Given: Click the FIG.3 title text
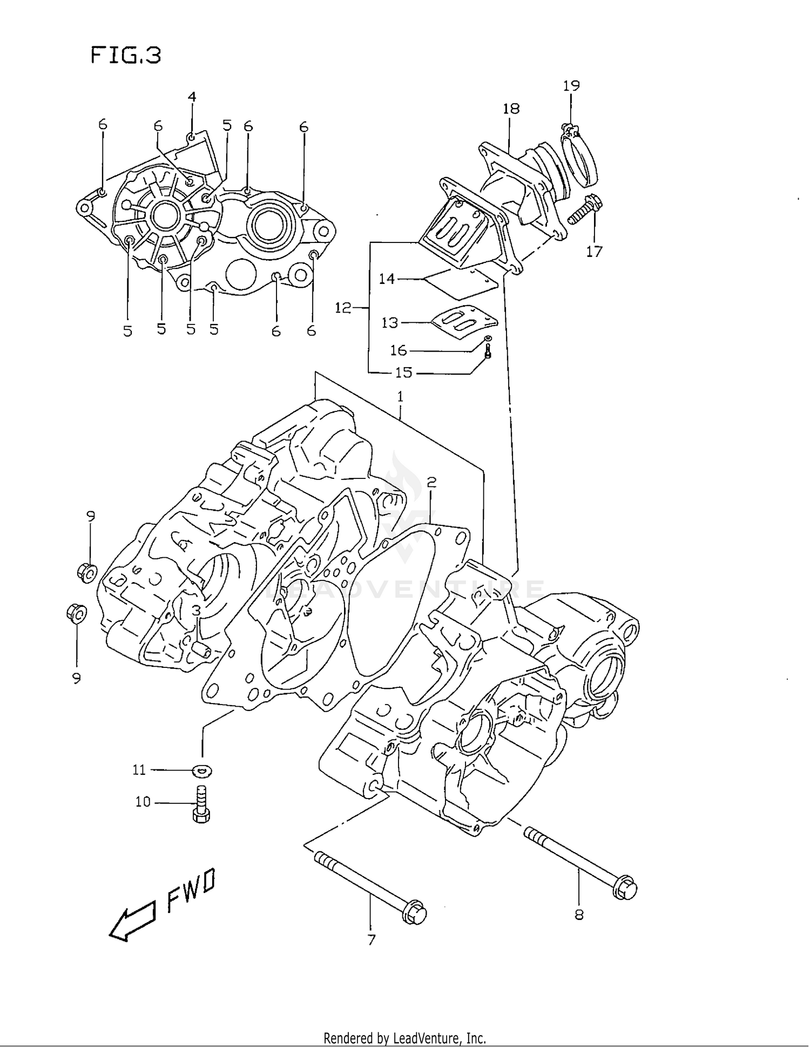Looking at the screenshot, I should click(126, 55).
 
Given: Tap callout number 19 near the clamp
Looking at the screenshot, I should click(571, 85).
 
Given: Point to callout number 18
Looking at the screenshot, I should click(511, 109).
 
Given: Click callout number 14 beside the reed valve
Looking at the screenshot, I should click(387, 279).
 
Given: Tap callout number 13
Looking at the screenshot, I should click(389, 322).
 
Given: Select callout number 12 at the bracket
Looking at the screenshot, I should click(343, 308).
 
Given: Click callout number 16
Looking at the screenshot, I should click(398, 350).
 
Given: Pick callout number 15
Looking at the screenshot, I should click(403, 373).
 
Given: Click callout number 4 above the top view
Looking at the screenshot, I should click(192, 97).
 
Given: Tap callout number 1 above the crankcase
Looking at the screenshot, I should click(400, 396).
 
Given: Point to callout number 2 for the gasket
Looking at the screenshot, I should click(431, 482).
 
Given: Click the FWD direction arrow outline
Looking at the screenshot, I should click(131, 925).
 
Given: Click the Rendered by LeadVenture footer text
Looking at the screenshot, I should click(404, 1038).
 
